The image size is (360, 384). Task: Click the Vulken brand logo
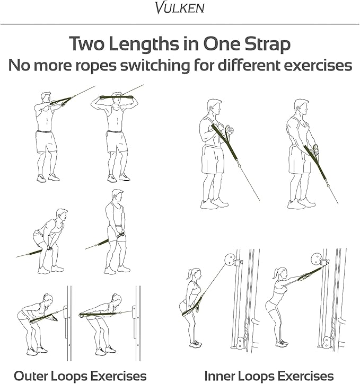pyautogui.click(x=180, y=7)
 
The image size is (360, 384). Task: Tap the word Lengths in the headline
pyautogui.click(x=144, y=44)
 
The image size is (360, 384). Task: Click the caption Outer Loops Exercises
pyautogui.click(x=80, y=376)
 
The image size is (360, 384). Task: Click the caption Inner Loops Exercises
pyautogui.click(x=269, y=376)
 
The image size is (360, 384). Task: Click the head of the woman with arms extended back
pyautogui.click(x=117, y=299)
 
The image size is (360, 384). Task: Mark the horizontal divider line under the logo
pyautogui.click(x=180, y=24)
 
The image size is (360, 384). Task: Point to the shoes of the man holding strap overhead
pyautogui.click(x=118, y=177)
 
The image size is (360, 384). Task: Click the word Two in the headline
pyautogui.click(x=87, y=44)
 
